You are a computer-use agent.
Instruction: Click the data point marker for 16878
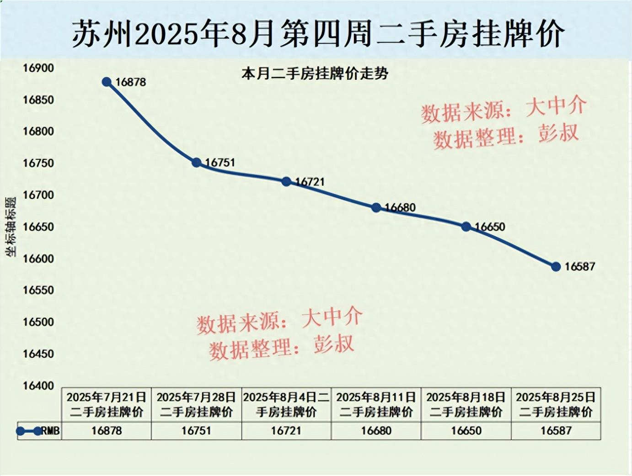point(107,82)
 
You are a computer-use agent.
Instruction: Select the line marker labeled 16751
point(197,162)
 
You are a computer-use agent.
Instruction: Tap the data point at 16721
point(286,181)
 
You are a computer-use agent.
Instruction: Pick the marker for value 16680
point(376,207)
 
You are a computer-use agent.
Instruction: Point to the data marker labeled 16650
point(466,227)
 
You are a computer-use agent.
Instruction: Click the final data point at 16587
point(556,267)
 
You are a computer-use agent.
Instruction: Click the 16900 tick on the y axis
point(38,68)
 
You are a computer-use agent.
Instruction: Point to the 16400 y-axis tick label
point(38,386)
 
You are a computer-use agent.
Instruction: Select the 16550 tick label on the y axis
point(38,290)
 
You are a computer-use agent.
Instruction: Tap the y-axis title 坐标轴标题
point(11,227)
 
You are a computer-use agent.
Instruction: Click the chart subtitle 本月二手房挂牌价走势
point(315,74)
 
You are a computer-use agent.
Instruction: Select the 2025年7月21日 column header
point(107,404)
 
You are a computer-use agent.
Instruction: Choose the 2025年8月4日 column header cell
point(286,404)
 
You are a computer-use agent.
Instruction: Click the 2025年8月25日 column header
point(556,404)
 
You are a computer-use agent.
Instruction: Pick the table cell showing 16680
point(376,430)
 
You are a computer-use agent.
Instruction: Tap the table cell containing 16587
point(556,430)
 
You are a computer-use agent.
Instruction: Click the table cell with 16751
point(197,430)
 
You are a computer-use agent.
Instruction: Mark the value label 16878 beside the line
point(131,82)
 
